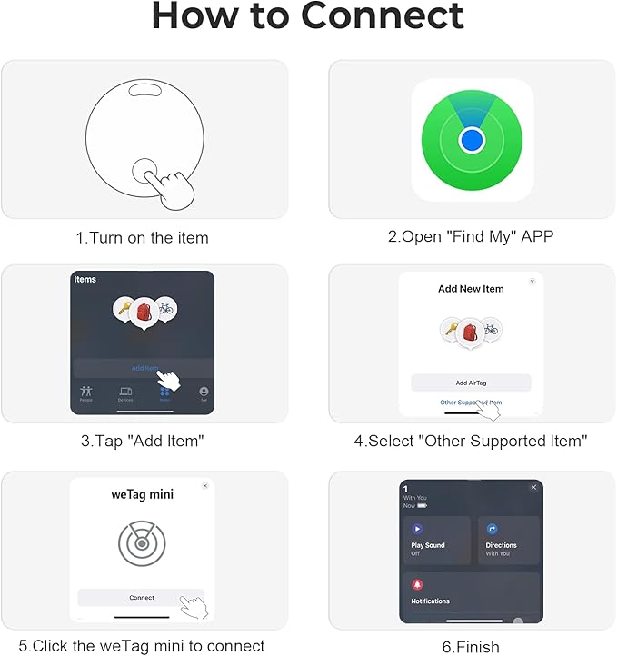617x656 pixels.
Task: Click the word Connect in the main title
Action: point(382,17)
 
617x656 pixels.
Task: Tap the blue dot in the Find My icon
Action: point(471,140)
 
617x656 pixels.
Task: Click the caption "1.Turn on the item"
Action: point(142,238)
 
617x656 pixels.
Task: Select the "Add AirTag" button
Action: point(471,383)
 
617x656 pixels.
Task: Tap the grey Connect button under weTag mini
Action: point(141,598)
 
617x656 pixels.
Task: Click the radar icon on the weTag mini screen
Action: point(142,543)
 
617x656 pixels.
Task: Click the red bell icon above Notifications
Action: point(418,584)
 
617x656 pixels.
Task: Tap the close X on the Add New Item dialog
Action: point(532,282)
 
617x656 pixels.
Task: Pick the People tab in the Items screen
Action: point(86,393)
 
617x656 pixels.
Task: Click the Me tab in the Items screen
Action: point(204,393)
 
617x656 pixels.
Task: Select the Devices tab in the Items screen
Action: point(125,393)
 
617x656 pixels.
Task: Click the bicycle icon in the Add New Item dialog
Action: point(491,329)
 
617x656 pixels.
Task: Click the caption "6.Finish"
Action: point(471,647)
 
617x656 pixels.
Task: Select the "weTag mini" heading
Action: point(142,495)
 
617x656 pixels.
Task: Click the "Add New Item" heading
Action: point(471,289)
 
